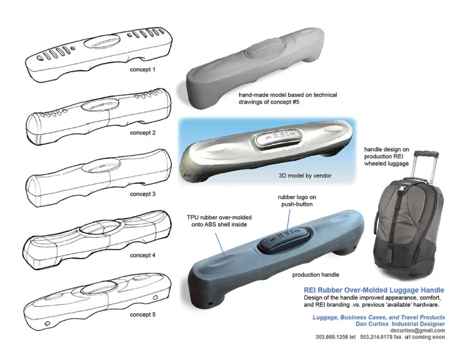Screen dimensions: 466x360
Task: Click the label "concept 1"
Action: coord(142,69)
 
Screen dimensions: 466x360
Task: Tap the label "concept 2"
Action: coord(142,133)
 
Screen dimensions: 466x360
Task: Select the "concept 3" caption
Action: coord(142,194)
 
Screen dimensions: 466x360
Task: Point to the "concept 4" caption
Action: coord(142,255)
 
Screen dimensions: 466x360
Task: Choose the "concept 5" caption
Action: coord(142,314)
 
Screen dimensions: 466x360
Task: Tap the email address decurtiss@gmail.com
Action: coord(418,330)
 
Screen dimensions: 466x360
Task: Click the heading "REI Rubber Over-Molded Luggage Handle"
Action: coord(374,290)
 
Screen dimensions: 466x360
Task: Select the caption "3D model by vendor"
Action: coord(305,176)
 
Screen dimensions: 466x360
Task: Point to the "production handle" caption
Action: coord(315,275)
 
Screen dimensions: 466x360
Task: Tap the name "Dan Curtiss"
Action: coord(372,324)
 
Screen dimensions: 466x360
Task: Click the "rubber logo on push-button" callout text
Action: coord(297,201)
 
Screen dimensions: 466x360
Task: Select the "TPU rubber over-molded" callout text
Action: coord(219,217)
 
